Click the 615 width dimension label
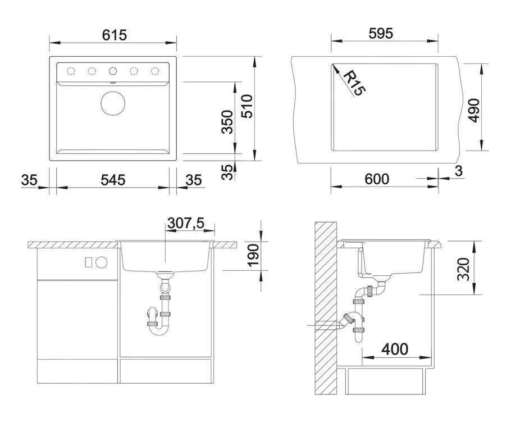[x=114, y=35]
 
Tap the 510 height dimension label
[x=247, y=106]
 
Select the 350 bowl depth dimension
[x=227, y=122]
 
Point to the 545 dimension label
[x=113, y=180]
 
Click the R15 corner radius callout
[x=354, y=84]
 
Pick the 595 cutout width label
[x=381, y=33]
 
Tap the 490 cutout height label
[x=474, y=110]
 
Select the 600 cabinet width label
[x=377, y=179]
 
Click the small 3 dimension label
[x=459, y=171]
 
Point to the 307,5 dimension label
[x=186, y=223]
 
